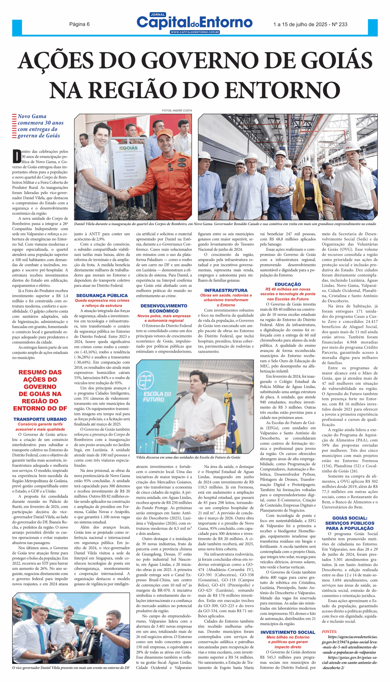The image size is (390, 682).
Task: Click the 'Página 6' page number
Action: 79,24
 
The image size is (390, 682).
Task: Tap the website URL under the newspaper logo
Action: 195,32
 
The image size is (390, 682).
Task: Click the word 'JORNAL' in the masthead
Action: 158,15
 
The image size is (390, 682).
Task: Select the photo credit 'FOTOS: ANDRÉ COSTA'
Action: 177,111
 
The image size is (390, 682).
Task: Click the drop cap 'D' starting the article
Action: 17,156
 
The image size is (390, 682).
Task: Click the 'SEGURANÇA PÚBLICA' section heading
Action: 102,295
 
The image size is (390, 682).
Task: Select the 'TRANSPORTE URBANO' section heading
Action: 40,419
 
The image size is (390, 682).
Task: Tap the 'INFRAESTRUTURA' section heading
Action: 226,290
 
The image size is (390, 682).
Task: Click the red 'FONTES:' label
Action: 329,631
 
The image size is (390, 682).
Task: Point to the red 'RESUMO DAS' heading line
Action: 40,372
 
